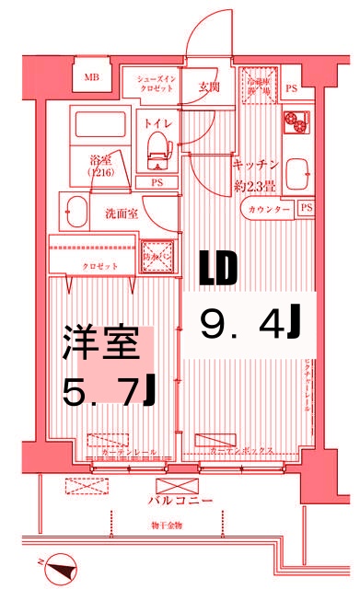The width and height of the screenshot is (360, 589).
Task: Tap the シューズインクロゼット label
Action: pos(157,86)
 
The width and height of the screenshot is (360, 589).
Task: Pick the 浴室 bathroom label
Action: pos(100,162)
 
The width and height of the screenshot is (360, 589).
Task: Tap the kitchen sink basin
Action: pos(296,173)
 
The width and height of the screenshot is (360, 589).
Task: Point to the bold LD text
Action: pos(219,268)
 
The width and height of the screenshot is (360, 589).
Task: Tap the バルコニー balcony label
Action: pos(180,502)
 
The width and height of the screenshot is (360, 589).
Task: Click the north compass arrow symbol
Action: pos(62,568)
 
